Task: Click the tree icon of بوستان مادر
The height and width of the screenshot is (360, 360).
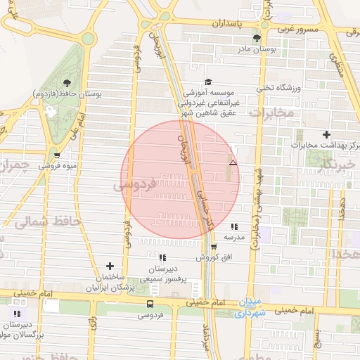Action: pos(256,39)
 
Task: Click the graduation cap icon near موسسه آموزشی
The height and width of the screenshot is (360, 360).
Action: pos(207,82)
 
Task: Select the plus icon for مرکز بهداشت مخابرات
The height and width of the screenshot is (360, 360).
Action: pos(326,134)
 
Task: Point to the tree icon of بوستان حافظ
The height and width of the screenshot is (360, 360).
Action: pos(67,83)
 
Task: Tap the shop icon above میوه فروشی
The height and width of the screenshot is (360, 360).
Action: pos(57,156)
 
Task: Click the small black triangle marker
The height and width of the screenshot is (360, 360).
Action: pos(233,162)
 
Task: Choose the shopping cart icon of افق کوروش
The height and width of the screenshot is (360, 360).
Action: pos(214,247)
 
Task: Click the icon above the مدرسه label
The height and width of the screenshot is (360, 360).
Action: pos(234,226)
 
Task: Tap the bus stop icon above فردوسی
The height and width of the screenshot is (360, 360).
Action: pos(150,304)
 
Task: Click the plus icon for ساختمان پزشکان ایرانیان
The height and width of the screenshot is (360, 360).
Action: pos(110,266)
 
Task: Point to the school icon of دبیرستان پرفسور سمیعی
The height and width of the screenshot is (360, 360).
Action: pos(162,258)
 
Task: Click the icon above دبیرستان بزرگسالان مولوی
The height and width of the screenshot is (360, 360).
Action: pos(17,314)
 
